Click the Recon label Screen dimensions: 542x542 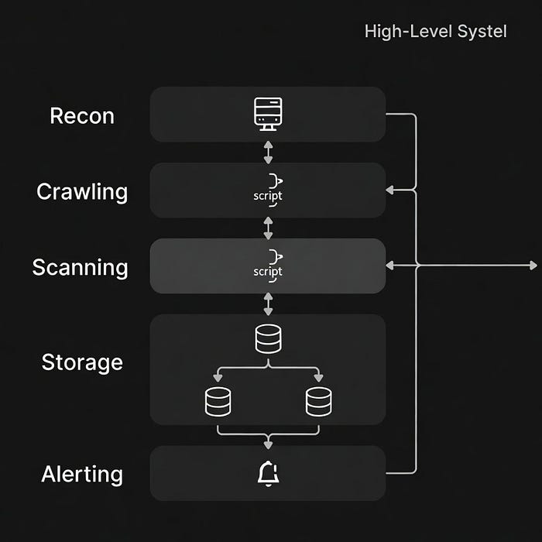(x=82, y=116)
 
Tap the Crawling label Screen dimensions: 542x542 (x=82, y=192)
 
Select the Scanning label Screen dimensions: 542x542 (x=81, y=268)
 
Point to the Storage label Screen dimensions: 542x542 (x=82, y=363)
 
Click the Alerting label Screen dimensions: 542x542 (x=82, y=474)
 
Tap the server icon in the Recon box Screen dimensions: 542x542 (x=268, y=114)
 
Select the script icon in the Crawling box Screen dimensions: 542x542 (x=268, y=190)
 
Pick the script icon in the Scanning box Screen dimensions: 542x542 (x=268, y=266)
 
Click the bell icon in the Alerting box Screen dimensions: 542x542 (x=268, y=474)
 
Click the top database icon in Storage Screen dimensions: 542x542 (x=268, y=339)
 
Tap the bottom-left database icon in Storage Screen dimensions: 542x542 (x=218, y=402)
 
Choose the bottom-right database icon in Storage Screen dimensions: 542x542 (x=319, y=402)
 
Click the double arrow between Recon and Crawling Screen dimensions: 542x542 (x=268, y=152)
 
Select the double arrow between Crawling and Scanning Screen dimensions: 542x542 (x=268, y=228)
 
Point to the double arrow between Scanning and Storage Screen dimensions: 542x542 (x=268, y=304)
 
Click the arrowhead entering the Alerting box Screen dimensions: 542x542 (x=268, y=445)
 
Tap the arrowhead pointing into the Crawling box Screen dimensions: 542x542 (x=390, y=190)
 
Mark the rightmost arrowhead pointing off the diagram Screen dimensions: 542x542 (x=533, y=266)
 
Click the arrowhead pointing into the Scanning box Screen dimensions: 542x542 (x=390, y=266)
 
